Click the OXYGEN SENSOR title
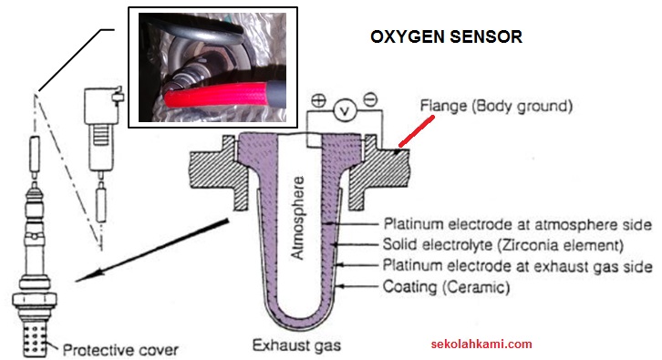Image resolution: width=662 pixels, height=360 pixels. pyautogui.click(x=446, y=37)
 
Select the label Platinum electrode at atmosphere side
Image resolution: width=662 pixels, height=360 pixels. pyautogui.click(x=516, y=223)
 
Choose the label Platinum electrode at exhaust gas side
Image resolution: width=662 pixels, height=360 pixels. pyautogui.click(x=517, y=267)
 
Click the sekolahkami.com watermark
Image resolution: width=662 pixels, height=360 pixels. pyautogui.click(x=481, y=345)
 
